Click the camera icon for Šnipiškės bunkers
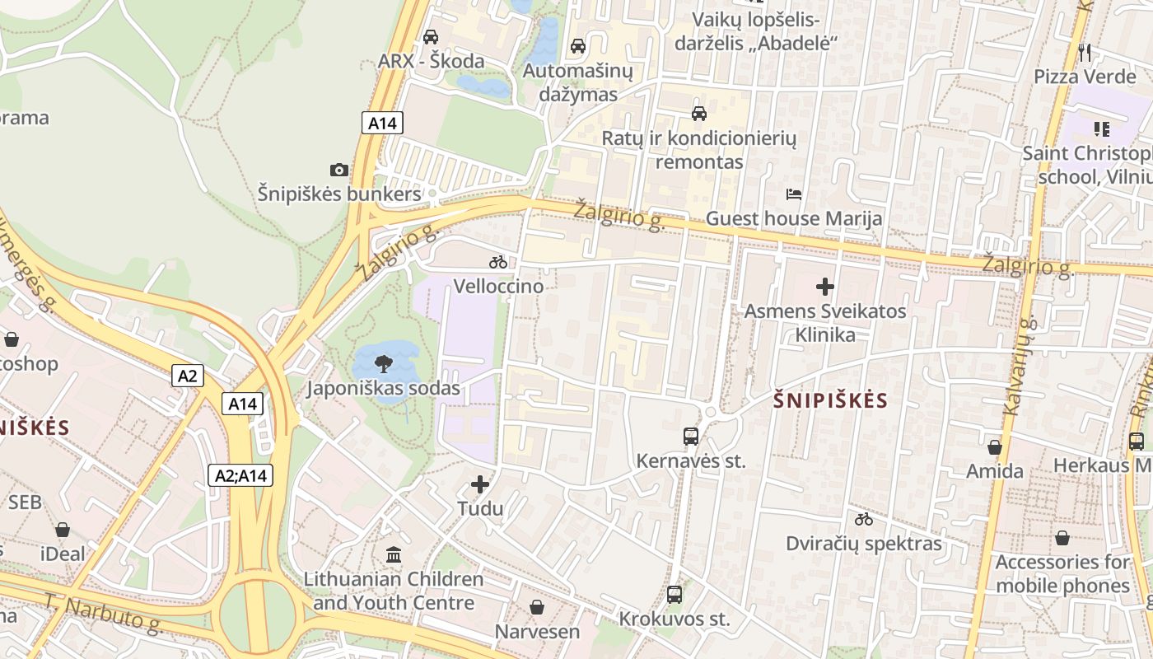click(338, 171)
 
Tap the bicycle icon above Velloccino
click(498, 262)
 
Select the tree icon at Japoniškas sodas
click(383, 363)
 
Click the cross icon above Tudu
click(480, 484)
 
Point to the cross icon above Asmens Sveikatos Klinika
click(825, 287)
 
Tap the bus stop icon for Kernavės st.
click(691, 437)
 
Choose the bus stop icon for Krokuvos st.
click(675, 594)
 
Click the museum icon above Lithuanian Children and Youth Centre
click(394, 554)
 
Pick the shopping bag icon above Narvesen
click(537, 607)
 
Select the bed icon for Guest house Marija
click(794, 194)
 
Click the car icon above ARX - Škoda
click(431, 37)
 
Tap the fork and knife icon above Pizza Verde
click(1085, 53)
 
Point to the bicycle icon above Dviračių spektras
click(863, 519)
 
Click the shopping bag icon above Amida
click(995, 447)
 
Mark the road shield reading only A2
click(188, 376)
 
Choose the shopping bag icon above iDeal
click(63, 530)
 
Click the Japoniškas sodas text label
click(384, 388)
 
